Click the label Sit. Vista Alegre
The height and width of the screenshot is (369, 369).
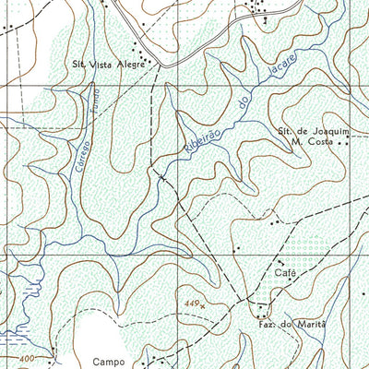click(x=110, y=65)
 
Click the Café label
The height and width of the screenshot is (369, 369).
click(x=283, y=274)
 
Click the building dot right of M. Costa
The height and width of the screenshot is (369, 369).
click(x=339, y=144)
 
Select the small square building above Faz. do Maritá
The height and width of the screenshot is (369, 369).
click(x=263, y=309)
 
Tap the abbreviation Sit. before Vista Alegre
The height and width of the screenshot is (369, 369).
click(x=81, y=65)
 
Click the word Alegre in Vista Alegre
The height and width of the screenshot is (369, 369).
click(x=129, y=65)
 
